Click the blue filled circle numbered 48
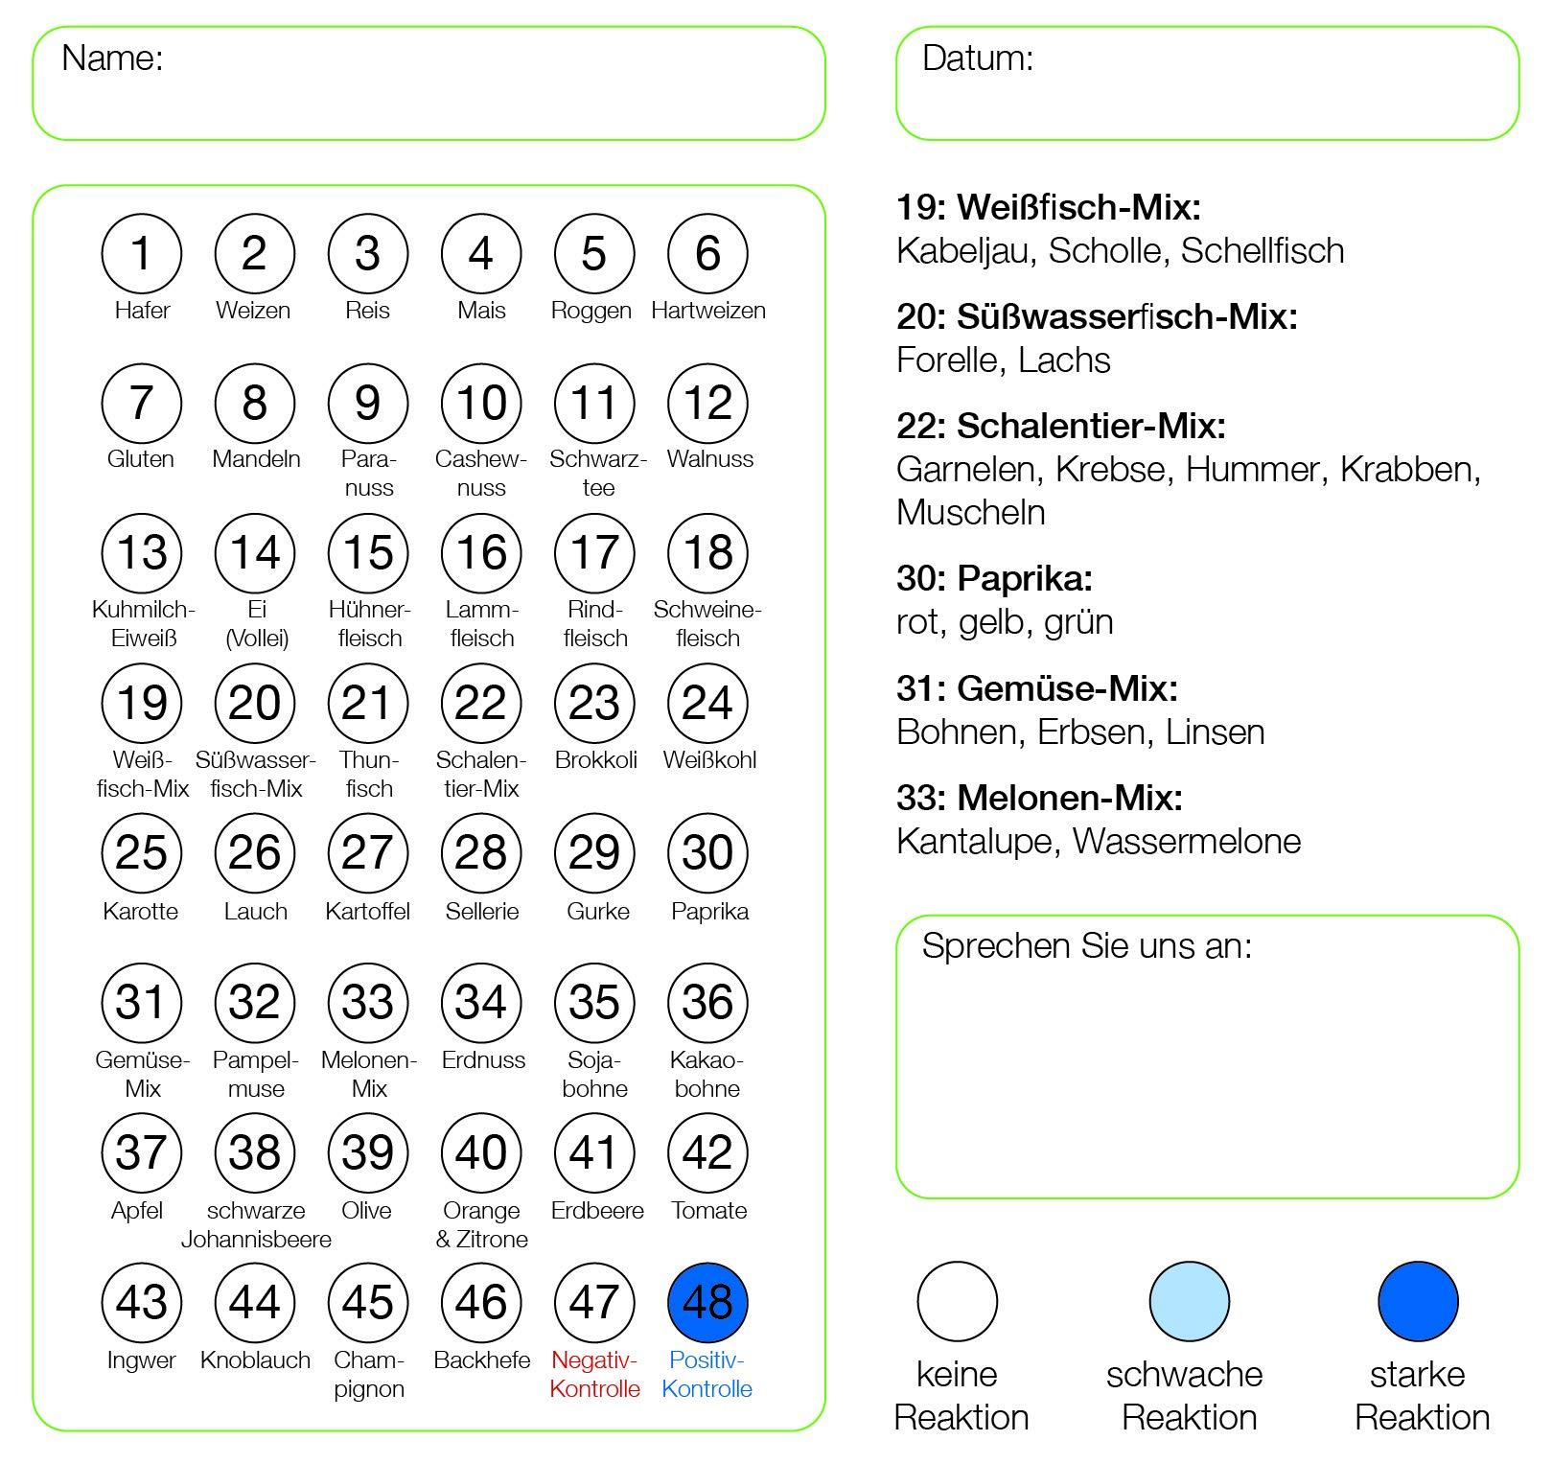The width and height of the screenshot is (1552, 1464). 707,1302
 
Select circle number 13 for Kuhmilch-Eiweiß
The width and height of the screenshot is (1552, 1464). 142,553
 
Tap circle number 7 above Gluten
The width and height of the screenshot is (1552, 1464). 142,404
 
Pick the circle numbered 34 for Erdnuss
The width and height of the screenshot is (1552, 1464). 481,1003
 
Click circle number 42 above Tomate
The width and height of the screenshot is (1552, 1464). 707,1152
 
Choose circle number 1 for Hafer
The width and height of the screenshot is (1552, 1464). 142,254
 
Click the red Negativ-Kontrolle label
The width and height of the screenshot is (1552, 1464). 594,1374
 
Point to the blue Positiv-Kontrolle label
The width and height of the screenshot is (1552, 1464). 707,1374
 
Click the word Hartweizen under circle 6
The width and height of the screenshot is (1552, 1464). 707,311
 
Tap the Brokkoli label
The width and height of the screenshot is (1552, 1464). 595,760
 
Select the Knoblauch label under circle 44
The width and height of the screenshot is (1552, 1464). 255,1360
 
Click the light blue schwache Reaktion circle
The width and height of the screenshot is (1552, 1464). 1189,1302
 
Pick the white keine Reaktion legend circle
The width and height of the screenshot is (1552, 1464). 958,1302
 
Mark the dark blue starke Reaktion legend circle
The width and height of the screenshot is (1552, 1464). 1418,1302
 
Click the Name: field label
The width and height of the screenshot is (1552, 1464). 112,58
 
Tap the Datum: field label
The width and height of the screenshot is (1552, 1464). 977,58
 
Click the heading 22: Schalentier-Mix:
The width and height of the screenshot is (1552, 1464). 1060,426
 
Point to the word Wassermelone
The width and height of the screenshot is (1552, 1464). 1186,842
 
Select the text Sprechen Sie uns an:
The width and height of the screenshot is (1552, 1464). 1086,946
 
